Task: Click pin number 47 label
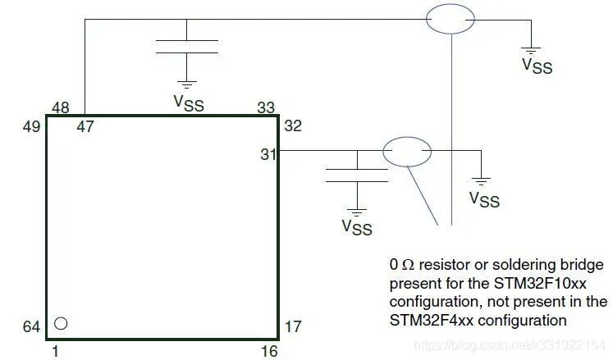pos(85,126)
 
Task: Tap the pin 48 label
pos(60,107)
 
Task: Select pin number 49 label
pos(32,126)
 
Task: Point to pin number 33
pos(266,107)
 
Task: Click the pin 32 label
pos(293,125)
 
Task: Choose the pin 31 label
pos(268,154)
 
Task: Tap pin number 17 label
pos(293,326)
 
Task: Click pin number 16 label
pos(269,351)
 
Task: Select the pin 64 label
pos(32,326)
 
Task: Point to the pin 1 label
pos(55,352)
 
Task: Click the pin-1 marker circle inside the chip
pos(61,323)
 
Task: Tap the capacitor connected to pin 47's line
pos(187,47)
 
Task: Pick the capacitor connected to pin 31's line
pos(357,175)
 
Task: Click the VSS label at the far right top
pos(538,66)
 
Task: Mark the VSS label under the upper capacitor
pos(189,103)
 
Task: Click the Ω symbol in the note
pos(408,265)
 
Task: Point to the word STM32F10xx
pos(540,283)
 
